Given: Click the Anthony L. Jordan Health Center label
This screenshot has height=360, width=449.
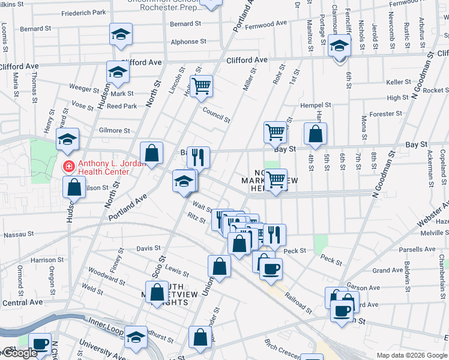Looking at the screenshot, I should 103,167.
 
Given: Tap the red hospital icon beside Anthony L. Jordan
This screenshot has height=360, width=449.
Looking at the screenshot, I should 69,166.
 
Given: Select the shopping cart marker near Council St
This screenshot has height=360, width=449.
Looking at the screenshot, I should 202,85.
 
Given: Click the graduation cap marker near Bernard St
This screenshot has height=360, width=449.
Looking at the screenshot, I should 121,34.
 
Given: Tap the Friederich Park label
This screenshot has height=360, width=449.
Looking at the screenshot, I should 83,13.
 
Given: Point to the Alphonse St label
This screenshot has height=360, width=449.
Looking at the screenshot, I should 188,42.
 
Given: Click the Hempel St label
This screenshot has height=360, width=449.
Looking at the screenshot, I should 316,106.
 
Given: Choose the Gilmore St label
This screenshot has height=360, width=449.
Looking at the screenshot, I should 114,130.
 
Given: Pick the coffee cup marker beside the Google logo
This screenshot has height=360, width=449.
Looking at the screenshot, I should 41,344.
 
